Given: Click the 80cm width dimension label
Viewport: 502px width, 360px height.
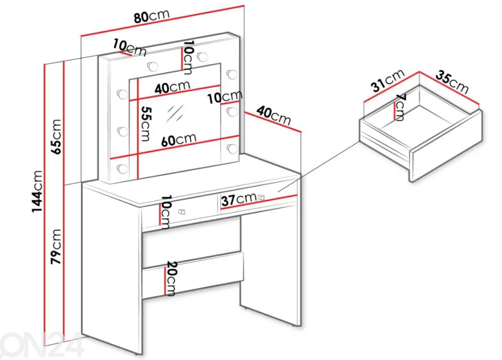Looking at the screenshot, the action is [x=151, y=15].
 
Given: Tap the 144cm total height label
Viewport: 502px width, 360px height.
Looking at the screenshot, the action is [x=37, y=191].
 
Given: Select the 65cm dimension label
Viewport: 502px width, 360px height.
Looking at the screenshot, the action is [x=56, y=136].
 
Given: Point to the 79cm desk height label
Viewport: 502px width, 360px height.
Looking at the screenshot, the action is [x=56, y=246].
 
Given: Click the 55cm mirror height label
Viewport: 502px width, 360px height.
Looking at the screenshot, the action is [x=145, y=124].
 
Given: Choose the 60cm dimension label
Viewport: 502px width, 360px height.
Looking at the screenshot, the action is [x=179, y=139].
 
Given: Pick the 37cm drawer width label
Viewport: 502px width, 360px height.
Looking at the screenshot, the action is [x=239, y=200].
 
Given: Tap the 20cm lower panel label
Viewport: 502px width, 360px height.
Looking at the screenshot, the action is [x=172, y=278].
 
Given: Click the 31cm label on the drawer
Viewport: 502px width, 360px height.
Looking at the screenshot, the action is [x=388, y=82].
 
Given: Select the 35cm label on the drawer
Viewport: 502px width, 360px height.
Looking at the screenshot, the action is [x=451, y=82].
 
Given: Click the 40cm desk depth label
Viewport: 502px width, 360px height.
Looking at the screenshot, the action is [x=273, y=115].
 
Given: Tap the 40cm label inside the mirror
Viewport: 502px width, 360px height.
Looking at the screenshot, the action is [x=172, y=87].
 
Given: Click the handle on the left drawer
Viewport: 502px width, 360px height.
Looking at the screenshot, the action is [x=181, y=212].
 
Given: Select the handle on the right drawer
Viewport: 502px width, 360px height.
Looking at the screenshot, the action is [x=261, y=197].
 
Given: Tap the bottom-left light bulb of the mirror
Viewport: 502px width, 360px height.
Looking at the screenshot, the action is [x=122, y=168].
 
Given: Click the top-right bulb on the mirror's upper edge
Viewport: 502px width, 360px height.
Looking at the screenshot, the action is [x=202, y=56].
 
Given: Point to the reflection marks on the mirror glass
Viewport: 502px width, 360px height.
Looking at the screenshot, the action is [x=175, y=113].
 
